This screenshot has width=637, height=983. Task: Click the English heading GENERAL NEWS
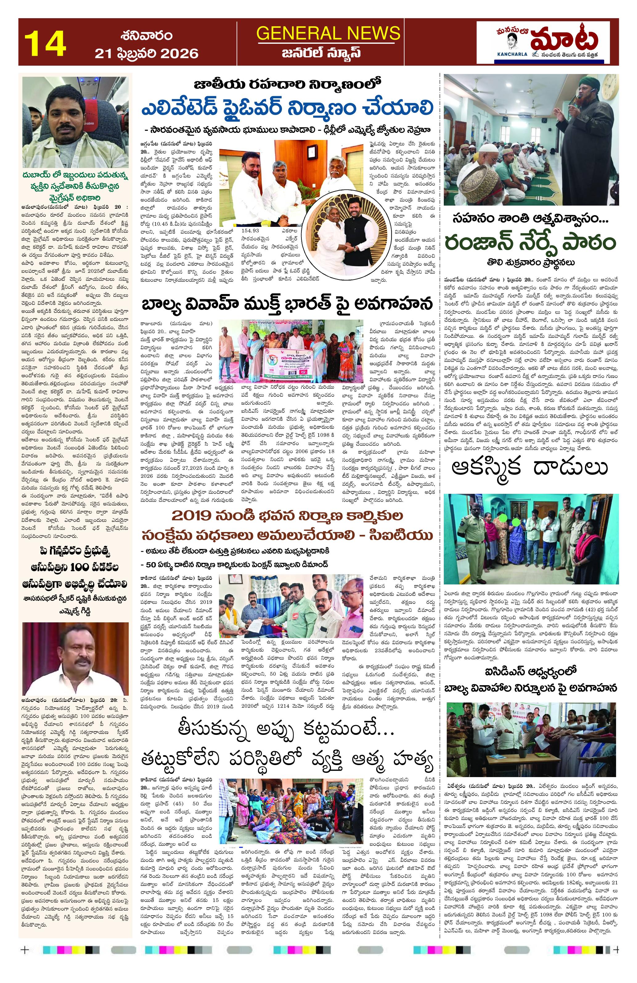(x=328, y=33)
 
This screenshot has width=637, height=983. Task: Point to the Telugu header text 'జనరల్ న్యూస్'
(x=328, y=53)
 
